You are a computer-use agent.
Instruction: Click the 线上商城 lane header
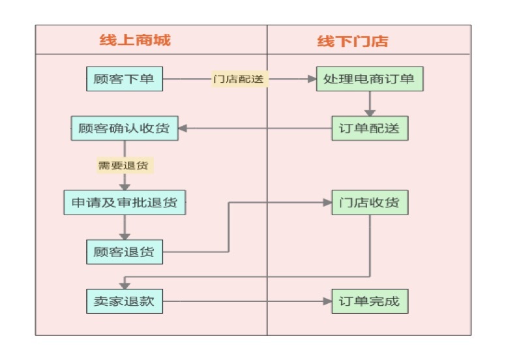[134, 40]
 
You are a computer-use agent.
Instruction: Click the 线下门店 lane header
[353, 41]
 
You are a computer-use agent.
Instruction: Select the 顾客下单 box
[124, 79]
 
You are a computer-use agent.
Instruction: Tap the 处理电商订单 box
[370, 79]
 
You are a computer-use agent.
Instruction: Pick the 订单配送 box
[370, 128]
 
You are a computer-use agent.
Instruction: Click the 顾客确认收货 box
[124, 128]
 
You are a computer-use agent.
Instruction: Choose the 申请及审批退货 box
[124, 202]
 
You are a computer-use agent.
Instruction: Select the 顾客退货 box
[124, 252]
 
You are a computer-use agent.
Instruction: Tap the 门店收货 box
[370, 202]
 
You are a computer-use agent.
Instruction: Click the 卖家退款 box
[124, 301]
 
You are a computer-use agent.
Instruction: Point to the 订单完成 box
[370, 301]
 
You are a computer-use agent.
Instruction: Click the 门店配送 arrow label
[239, 79]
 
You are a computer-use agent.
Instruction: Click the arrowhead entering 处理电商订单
[311, 79]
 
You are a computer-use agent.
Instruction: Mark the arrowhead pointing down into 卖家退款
[124, 284]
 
